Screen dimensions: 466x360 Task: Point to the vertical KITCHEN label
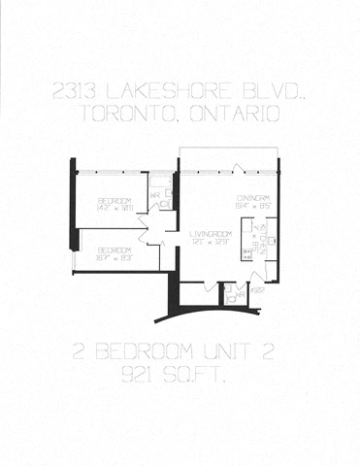253,233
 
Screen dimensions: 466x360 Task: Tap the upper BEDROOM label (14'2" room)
114,200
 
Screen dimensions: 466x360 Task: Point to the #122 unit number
258,288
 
